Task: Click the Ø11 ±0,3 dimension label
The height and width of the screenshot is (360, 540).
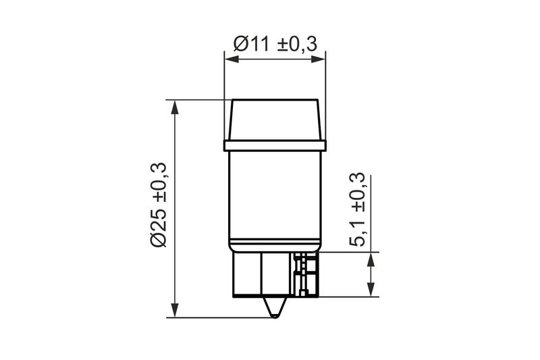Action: (x=275, y=44)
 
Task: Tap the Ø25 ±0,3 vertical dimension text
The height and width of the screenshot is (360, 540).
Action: (x=159, y=205)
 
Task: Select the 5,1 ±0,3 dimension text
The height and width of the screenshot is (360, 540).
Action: (x=357, y=209)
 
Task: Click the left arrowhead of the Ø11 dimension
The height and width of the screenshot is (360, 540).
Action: (x=232, y=59)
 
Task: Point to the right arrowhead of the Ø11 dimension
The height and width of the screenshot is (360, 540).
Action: (x=318, y=59)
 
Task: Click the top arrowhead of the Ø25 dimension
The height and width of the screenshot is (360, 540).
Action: (x=175, y=107)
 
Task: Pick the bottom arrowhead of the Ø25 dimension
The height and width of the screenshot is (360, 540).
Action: (x=175, y=310)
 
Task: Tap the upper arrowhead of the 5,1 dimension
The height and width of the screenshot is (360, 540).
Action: (x=371, y=259)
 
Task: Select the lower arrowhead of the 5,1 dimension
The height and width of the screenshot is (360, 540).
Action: (x=371, y=289)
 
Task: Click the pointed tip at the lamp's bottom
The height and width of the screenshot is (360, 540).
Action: (x=275, y=316)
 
